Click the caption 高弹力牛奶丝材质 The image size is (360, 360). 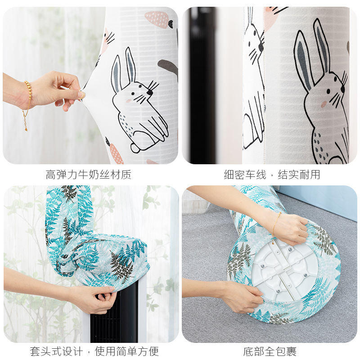pos(88,175)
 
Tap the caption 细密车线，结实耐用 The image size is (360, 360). pos(272,175)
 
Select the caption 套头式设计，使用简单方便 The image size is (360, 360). pos(94,351)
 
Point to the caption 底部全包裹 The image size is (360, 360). pos(270,351)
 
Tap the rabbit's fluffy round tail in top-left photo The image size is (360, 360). pos(135,148)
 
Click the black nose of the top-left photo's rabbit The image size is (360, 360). pos(150,92)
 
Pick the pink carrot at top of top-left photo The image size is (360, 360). pos(158,19)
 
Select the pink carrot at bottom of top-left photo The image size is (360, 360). pos(116,153)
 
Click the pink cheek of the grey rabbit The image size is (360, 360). pos(323,104)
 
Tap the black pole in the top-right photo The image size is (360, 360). pos(202,85)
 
